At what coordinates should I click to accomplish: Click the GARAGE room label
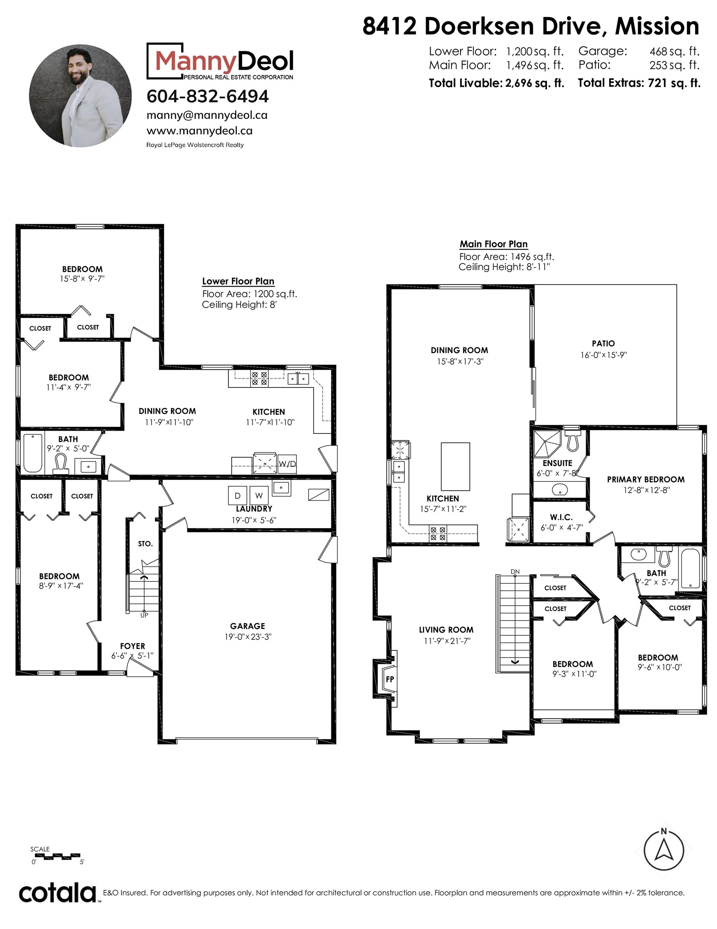(x=247, y=626)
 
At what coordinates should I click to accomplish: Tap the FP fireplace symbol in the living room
(x=389, y=679)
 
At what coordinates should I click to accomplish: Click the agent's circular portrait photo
(x=80, y=96)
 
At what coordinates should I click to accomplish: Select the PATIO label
(x=603, y=343)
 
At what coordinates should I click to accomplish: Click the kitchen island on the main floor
(x=455, y=467)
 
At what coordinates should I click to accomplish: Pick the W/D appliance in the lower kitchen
(x=287, y=464)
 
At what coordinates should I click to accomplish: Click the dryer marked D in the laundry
(x=238, y=495)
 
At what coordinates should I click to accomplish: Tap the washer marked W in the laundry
(x=259, y=495)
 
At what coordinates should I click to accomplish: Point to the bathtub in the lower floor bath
(x=33, y=452)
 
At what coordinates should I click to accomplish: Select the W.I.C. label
(x=561, y=517)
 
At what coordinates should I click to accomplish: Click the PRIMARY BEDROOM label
(x=646, y=479)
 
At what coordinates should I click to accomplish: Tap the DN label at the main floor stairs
(x=515, y=572)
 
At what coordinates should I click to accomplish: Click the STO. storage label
(x=145, y=544)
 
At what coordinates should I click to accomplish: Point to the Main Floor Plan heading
(x=493, y=244)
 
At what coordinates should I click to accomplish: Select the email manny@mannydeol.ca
(x=207, y=115)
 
